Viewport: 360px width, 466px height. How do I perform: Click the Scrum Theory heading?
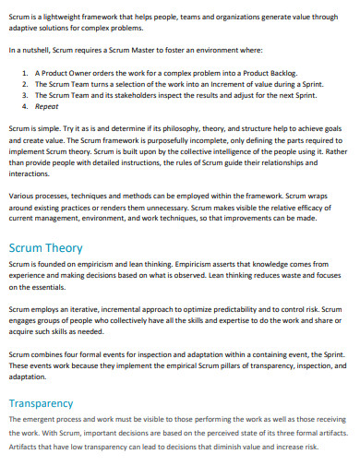tap(45, 248)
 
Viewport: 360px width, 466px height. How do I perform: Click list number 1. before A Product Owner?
tap(24, 70)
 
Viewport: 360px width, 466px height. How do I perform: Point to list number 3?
tap(24, 94)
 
